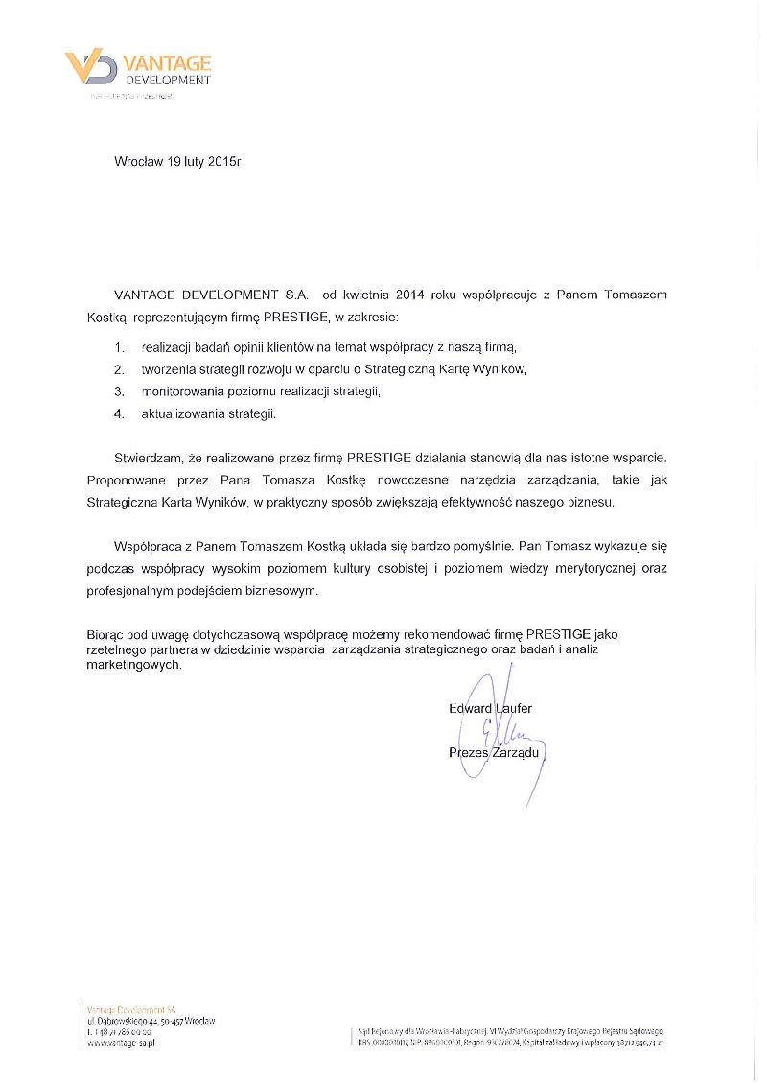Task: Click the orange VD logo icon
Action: tap(91, 68)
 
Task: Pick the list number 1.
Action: tap(119, 345)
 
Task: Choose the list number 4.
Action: tap(119, 414)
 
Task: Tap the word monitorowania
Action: tap(181, 391)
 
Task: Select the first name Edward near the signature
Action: tap(470, 709)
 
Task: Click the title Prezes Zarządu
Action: tap(494, 753)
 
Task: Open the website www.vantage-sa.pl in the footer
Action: tap(121, 1042)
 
